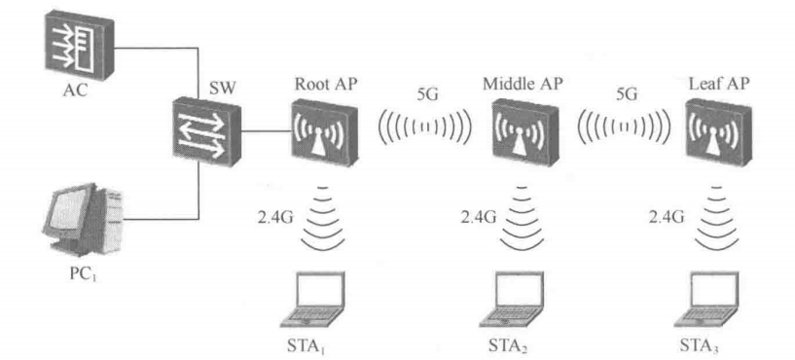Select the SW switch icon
coord(206,132)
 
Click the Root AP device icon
coord(322,132)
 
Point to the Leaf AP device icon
coord(716,133)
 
